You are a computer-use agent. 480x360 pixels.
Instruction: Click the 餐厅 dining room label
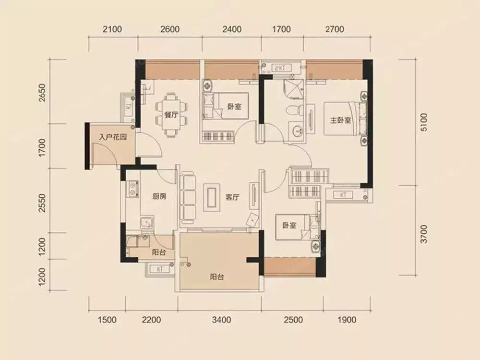[x=171, y=115]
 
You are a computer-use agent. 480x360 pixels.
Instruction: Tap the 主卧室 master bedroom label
[x=340, y=120]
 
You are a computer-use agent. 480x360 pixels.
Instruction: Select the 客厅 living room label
[x=232, y=197]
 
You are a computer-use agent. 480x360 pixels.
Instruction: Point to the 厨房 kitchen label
[x=159, y=196]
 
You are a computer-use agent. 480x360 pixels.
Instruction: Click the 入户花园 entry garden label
[x=113, y=137]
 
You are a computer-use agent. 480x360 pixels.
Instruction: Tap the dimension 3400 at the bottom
[x=221, y=320]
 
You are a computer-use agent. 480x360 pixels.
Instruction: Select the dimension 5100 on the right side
[x=424, y=122]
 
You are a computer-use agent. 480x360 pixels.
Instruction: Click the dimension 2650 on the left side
[x=43, y=93]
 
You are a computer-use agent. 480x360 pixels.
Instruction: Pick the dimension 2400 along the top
[x=232, y=29]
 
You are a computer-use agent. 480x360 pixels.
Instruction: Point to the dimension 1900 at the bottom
[x=347, y=320]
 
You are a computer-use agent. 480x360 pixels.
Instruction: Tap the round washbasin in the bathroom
[x=297, y=132]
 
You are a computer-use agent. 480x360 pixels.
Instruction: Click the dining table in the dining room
[x=171, y=115]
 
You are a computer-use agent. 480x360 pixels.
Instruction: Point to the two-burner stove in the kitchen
[x=133, y=189]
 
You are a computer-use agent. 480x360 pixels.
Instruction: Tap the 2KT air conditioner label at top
[x=280, y=68]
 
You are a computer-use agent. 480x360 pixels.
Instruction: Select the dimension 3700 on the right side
[x=424, y=234]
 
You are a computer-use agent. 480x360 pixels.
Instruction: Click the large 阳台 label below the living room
[x=217, y=277]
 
